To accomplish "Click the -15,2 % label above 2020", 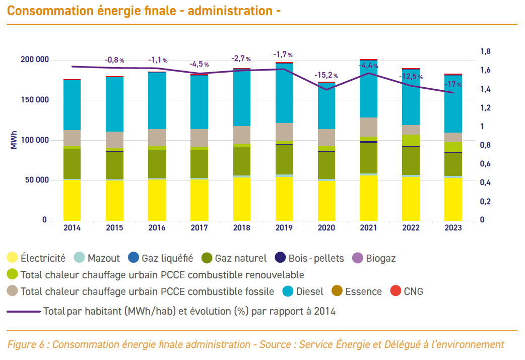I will (326, 75).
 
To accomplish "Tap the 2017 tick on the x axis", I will (199, 228).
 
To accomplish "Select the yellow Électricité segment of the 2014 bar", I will (72, 200).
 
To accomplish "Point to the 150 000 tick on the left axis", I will (35, 100).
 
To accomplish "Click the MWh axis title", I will (14, 140).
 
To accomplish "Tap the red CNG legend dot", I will (396, 291).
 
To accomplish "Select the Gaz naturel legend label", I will (240, 259).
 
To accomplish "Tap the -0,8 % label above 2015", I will (114, 60).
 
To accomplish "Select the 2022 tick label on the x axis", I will (411, 228).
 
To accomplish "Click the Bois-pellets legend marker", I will (281, 258).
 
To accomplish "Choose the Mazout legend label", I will (103, 259).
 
